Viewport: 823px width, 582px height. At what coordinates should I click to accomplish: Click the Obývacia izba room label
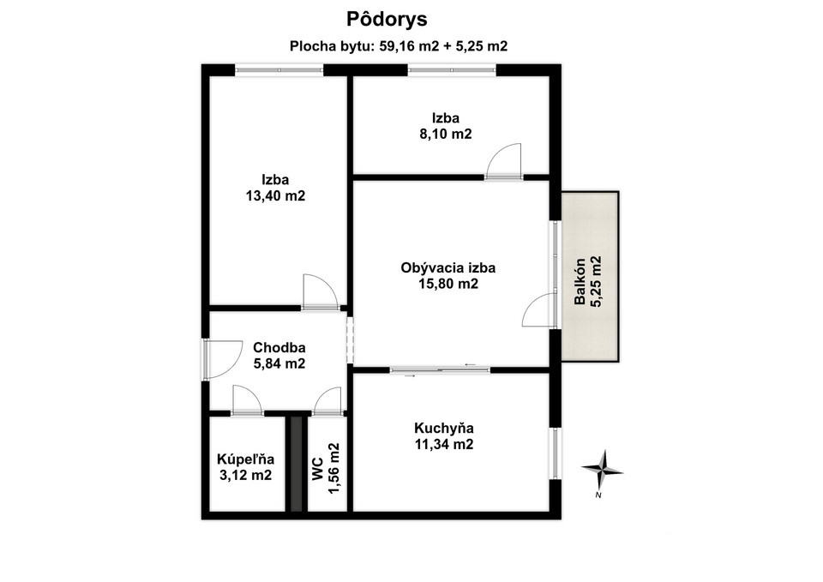point(448,267)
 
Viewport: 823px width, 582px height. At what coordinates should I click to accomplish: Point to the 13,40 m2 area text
point(275,196)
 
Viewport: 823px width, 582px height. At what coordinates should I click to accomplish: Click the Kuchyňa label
point(443,428)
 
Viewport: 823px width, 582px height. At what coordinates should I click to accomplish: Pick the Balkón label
point(580,282)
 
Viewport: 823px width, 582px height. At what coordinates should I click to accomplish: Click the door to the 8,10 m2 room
point(503,163)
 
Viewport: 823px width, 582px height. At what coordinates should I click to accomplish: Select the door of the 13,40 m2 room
point(321,292)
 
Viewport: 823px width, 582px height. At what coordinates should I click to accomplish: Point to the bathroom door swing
point(247,400)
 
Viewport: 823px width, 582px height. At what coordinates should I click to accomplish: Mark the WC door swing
point(327,400)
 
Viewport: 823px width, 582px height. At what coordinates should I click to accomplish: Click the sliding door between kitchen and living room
point(440,369)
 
